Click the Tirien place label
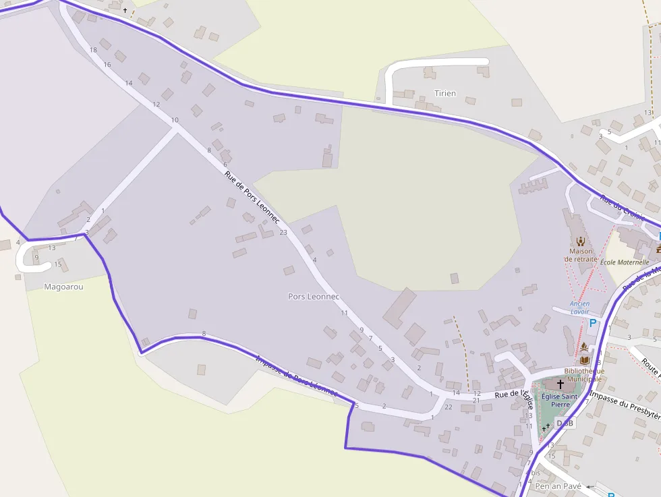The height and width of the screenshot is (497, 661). click(x=445, y=94)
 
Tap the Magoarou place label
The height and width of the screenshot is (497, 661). click(x=63, y=287)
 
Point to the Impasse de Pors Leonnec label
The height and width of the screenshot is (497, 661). click(x=296, y=374)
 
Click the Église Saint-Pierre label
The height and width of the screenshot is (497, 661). click(x=561, y=401)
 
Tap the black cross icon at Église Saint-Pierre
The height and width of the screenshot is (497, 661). click(x=560, y=384)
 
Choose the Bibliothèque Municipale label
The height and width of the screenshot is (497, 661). click(x=584, y=374)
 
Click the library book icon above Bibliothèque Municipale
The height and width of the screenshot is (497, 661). click(x=584, y=360)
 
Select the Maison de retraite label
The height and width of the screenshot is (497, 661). click(x=581, y=255)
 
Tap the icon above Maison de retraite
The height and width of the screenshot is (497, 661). click(x=580, y=241)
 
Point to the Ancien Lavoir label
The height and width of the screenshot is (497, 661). click(x=579, y=308)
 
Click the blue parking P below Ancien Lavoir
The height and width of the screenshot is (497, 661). click(x=593, y=323)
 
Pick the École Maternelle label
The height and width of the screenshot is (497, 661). click(x=625, y=262)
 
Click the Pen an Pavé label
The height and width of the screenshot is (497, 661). click(x=557, y=486)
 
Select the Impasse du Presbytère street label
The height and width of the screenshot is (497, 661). click(x=624, y=405)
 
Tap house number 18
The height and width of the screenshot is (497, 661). click(x=93, y=50)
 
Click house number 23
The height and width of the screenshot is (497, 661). click(x=283, y=233)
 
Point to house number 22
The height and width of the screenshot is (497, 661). click(x=449, y=407)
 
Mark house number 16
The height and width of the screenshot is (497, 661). click(x=107, y=65)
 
